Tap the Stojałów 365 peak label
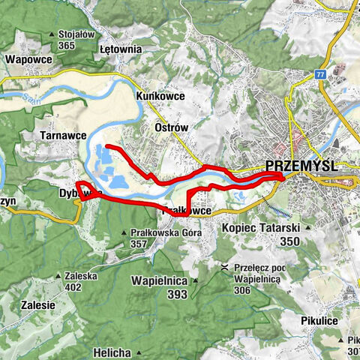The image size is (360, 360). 77,40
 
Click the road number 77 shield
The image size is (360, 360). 321,75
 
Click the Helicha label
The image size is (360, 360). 113,331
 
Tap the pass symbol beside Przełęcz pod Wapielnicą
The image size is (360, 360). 223,266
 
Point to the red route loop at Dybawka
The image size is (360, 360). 84,188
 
